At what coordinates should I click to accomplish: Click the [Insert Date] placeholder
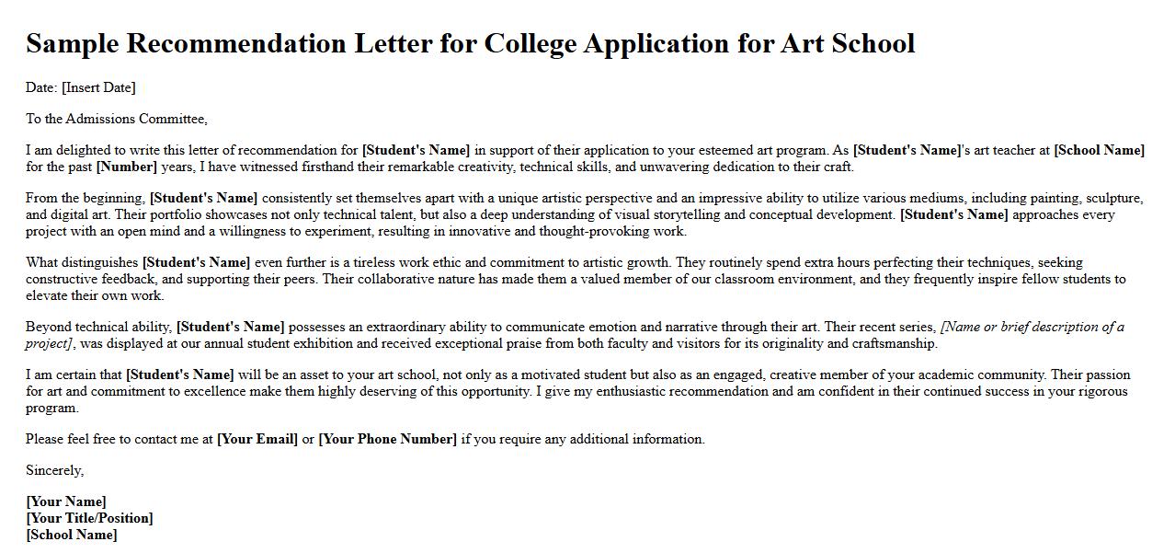98,87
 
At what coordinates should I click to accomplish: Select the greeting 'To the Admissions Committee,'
117,119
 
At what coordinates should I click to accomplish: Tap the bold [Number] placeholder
127,167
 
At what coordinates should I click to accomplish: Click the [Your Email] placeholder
257,439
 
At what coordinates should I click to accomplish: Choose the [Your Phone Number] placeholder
387,439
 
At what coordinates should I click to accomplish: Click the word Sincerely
54,470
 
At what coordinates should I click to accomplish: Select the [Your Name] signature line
66,501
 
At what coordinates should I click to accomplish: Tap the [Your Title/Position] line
89,518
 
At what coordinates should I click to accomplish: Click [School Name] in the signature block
72,535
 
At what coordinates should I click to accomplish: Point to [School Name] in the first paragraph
1099,150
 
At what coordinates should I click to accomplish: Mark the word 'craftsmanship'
894,343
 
